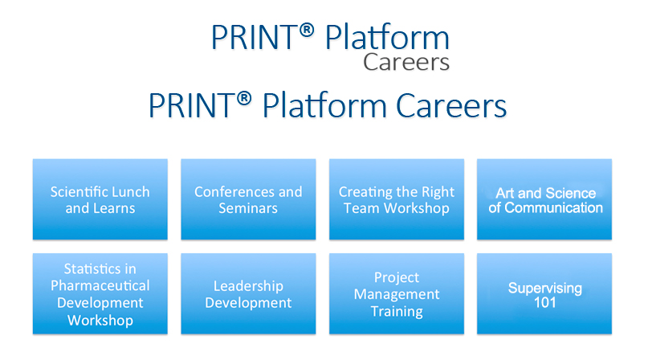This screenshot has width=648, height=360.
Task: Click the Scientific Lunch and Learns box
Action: (x=100, y=199)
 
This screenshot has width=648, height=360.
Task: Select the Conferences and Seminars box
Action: (x=248, y=199)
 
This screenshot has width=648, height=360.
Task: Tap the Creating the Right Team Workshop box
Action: (x=397, y=199)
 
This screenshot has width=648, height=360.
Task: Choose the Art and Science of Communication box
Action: (x=544, y=199)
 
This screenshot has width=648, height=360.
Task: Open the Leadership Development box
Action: (x=248, y=293)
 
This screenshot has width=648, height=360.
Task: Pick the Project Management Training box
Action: (x=397, y=293)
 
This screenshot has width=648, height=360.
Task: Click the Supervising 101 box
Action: (x=544, y=293)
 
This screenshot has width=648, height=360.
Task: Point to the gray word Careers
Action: (x=406, y=63)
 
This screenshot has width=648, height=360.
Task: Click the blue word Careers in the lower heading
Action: (x=451, y=105)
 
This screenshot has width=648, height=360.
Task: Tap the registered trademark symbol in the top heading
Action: (x=306, y=30)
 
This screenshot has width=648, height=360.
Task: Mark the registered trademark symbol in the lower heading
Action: (x=244, y=99)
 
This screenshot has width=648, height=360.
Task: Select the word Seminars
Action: (x=248, y=208)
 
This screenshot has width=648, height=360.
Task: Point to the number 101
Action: (x=544, y=302)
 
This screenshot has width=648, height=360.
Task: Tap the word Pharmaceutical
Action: (x=100, y=285)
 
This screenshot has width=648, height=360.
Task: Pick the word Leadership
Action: (x=248, y=286)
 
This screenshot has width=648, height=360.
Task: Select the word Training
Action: (x=397, y=311)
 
